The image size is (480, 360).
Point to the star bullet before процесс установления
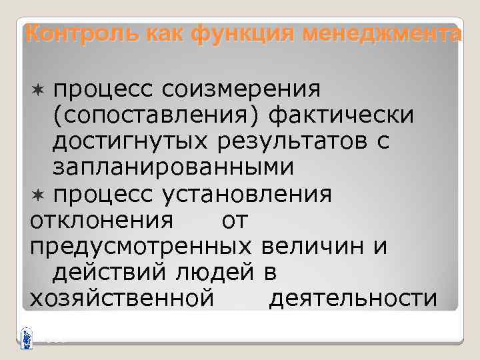pos(37,195)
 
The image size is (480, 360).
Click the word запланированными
pos(173,167)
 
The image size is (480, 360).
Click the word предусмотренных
pos(141,246)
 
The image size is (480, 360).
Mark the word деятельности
pos(353,299)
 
